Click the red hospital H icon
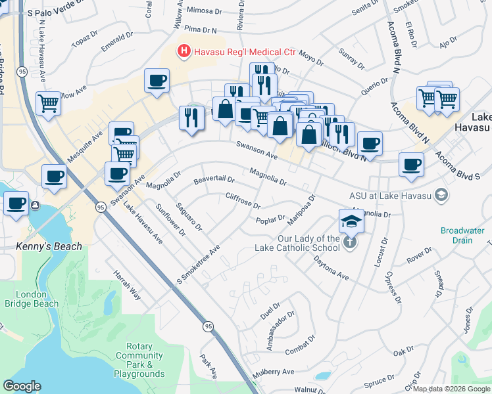point(184,51)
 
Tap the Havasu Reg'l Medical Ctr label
point(243,51)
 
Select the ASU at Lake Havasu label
point(391,194)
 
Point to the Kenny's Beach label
point(49,246)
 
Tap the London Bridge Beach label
point(32,299)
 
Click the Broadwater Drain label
point(462,235)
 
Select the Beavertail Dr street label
point(214,179)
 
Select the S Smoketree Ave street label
point(197,266)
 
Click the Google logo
point(22,386)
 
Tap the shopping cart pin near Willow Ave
point(49,104)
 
